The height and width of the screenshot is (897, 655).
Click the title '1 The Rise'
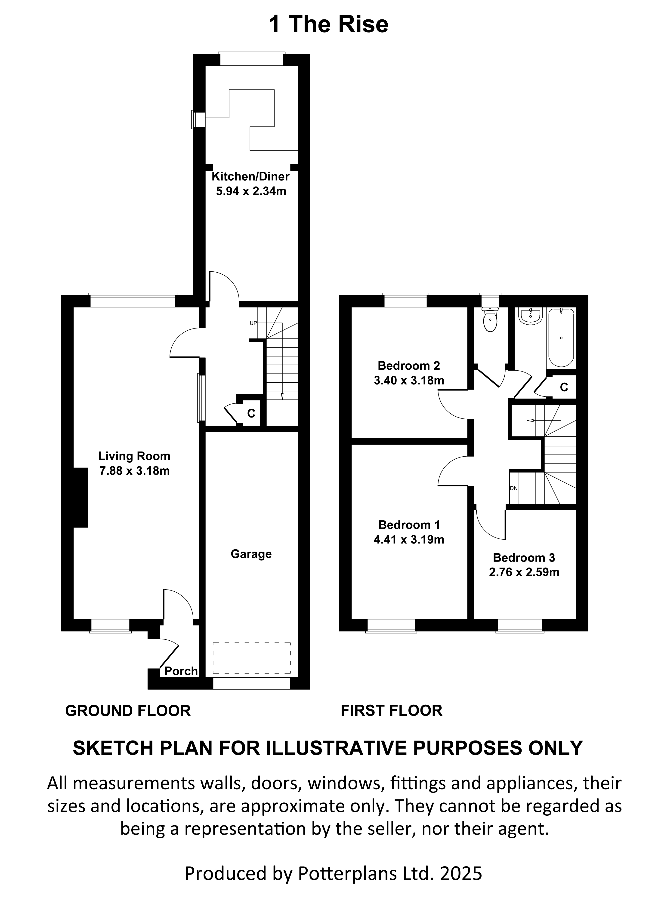click(x=328, y=25)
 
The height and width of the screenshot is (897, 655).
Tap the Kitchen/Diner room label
click(x=250, y=176)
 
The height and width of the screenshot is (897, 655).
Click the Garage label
click(x=251, y=554)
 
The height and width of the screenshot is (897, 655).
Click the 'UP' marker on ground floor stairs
click(x=253, y=323)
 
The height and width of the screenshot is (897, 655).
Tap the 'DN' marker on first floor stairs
click(x=513, y=488)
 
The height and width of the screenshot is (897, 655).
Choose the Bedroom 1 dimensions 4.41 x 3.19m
click(x=409, y=540)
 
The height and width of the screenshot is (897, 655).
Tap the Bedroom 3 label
click(x=524, y=558)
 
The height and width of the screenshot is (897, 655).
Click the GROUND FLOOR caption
click(x=128, y=711)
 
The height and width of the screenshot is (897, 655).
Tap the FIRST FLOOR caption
click(x=391, y=710)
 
